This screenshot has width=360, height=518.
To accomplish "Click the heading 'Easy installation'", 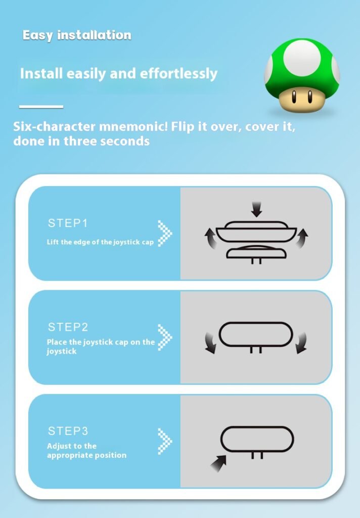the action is tap(77, 35).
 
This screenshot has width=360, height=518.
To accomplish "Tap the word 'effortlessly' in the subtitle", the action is tap(178, 74).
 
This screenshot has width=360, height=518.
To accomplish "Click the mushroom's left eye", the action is tap(294, 96).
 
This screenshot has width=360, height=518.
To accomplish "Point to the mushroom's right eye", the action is tap(310, 96).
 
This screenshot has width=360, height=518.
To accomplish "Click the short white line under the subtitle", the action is tap(41, 106).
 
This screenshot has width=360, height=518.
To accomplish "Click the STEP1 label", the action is tap(68, 223).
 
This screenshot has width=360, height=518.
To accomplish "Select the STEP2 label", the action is tap(68, 327).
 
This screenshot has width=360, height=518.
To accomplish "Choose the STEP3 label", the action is tap(68, 431).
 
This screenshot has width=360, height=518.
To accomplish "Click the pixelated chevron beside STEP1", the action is tap(165, 233).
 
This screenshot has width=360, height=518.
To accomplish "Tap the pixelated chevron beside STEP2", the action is tap(165, 337).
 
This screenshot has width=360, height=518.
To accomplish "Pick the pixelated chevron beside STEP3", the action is tap(165, 441).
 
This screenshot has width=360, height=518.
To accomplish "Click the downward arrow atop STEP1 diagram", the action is tap(256, 209).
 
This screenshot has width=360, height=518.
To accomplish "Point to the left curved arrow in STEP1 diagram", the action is tap(210, 238).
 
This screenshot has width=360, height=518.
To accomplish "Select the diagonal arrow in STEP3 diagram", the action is tap(218, 463).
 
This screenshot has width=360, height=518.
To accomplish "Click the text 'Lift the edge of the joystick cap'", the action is tap(100, 242).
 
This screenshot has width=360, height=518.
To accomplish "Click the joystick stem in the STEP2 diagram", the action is tap(256, 350).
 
